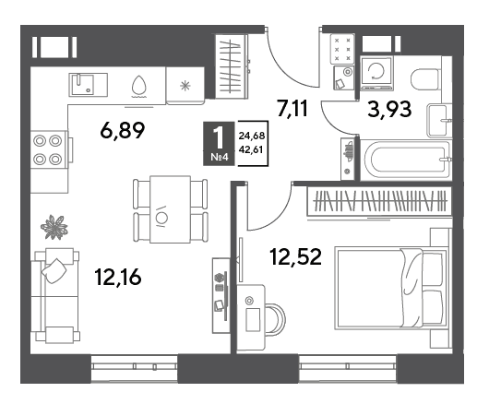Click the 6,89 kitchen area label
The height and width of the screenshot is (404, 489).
[x=123, y=130]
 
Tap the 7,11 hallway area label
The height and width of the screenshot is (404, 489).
[x=292, y=108]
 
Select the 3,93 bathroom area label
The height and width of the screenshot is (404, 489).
[x=389, y=110]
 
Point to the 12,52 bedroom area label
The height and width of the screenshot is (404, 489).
[x=295, y=256]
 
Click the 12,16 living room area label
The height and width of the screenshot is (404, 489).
[x=118, y=277]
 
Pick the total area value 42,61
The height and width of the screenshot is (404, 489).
[x=251, y=150]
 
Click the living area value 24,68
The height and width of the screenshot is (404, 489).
[x=252, y=136]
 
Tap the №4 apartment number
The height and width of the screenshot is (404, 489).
[x=220, y=157]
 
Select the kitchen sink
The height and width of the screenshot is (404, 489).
[x=88, y=85]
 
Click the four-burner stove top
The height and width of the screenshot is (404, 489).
[x=48, y=150]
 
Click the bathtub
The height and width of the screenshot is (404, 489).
[x=406, y=160]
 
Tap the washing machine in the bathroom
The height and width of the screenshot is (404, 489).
[x=376, y=73]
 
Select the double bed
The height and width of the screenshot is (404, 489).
[x=391, y=288]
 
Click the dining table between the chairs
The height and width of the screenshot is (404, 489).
[x=170, y=209]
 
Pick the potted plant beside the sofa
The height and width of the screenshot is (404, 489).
[x=54, y=227]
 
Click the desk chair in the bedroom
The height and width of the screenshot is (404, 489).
[x=276, y=319]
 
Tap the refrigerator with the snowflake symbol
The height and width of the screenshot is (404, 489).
[x=185, y=86]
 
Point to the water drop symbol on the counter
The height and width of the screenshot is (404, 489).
[x=138, y=86]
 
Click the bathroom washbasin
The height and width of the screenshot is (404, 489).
[x=439, y=121]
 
